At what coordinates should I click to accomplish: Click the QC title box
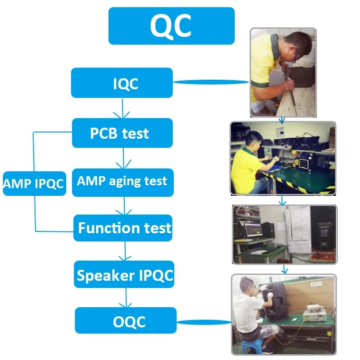[171, 26]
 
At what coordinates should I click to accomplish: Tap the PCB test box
[122, 132]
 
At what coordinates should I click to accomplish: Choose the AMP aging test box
[122, 181]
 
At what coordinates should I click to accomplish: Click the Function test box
[123, 228]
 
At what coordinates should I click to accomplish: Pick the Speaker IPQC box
[124, 275]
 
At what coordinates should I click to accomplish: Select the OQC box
[125, 321]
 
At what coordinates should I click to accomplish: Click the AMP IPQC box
[34, 183]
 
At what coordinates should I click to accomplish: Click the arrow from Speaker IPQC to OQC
[126, 298]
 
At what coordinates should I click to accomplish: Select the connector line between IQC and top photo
[211, 83]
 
